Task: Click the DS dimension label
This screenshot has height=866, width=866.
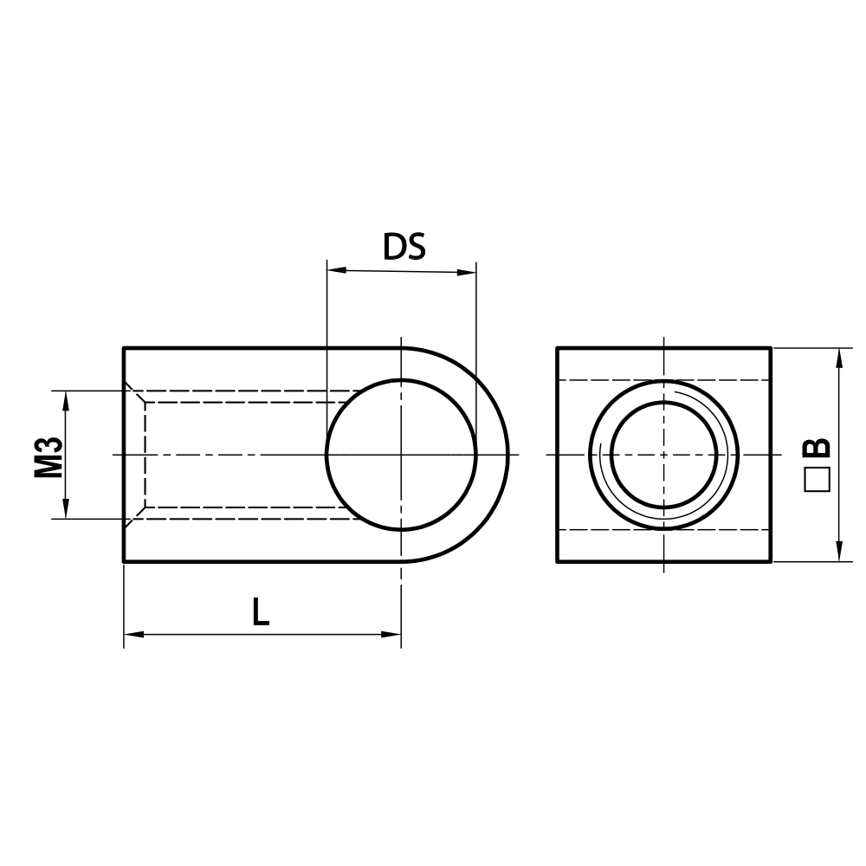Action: point(404,248)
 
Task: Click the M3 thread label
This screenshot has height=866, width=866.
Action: point(49,456)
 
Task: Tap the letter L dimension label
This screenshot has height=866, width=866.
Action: point(261,613)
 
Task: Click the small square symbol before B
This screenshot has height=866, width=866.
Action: point(816,480)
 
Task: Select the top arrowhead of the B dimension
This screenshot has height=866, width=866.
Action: point(839,355)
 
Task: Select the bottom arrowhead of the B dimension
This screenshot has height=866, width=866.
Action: point(839,554)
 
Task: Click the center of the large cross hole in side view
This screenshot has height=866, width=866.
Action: point(401,455)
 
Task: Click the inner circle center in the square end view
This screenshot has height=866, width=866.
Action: point(663,454)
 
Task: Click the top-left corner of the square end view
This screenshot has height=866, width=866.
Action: point(557,348)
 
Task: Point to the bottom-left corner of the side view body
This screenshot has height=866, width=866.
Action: point(125,561)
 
